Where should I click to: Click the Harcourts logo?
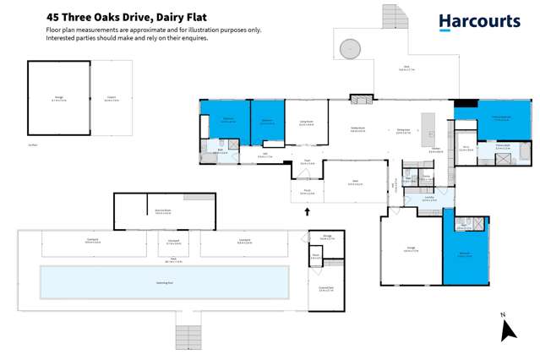[x=479, y=23]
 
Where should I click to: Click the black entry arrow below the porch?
[x=308, y=211]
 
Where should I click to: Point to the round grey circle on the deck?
[x=350, y=50]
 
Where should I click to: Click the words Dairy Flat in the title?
[x=181, y=16]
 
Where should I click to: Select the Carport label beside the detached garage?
[x=112, y=98]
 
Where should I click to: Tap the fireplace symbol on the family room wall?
[x=361, y=100]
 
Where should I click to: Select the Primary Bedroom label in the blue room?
[x=501, y=119]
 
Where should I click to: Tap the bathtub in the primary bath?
[x=524, y=152]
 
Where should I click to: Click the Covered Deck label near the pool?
[x=325, y=289]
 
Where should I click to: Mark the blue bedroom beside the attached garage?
[x=466, y=253]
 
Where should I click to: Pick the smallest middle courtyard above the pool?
[x=173, y=244]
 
